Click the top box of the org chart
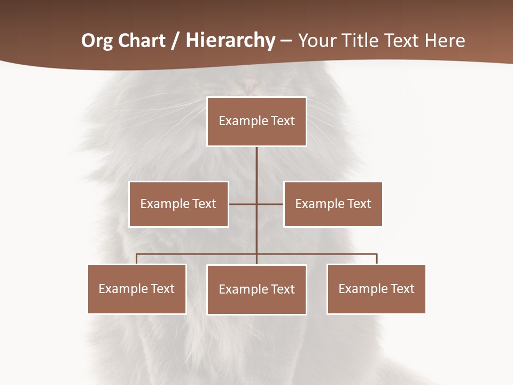coord(256,121)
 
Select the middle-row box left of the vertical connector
coord(178,204)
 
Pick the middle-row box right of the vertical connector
coord(333,204)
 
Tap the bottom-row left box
coord(137,289)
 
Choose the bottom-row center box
coord(256,289)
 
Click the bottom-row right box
coord(376,289)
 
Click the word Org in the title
coord(97,41)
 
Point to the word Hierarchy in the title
coord(230,41)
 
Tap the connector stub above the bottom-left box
coord(137,259)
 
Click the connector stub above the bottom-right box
coord(377,259)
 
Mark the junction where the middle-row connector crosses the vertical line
coord(256,204)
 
